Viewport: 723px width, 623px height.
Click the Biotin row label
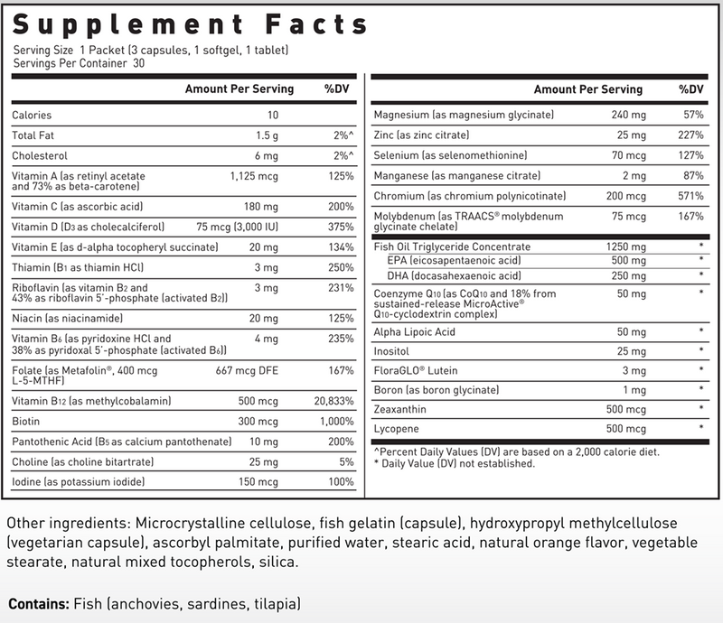click(x=27, y=421)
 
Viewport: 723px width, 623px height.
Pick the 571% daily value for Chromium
click(x=691, y=196)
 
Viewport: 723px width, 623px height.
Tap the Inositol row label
click(x=391, y=351)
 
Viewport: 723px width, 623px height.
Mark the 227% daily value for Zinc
click(x=691, y=135)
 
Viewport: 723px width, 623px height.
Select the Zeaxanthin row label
click(x=400, y=408)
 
